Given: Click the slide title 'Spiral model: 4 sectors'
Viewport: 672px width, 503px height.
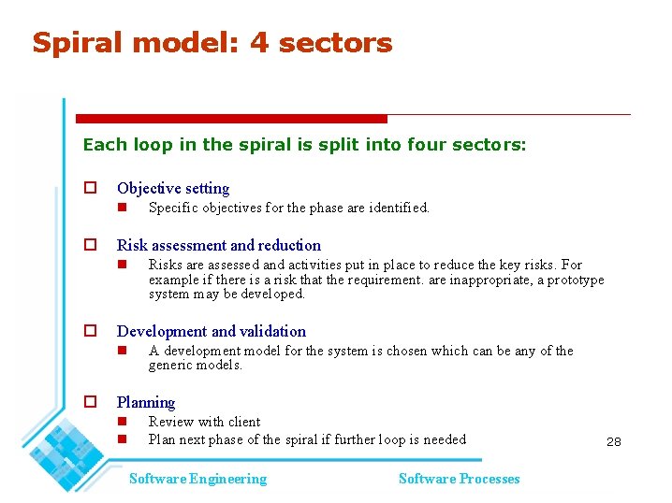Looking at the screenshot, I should point(212,43).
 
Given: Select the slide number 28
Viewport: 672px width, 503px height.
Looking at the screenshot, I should point(613,441).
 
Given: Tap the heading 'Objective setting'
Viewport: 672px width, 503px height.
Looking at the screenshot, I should point(173,188).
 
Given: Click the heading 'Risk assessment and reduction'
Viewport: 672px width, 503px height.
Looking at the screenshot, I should point(218,245).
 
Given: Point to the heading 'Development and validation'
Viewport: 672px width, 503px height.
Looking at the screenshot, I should point(211,331).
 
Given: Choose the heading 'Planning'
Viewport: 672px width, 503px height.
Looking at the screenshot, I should point(146,402).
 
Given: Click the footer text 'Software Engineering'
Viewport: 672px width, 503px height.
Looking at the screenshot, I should point(197,479).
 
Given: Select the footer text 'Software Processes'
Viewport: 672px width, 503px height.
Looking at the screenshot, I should point(459,479).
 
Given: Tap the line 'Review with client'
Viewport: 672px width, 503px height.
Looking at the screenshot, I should point(204,422).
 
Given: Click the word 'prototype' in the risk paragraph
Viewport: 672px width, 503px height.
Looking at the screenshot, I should point(576,280).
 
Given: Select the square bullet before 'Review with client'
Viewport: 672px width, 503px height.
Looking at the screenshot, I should point(121,423).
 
